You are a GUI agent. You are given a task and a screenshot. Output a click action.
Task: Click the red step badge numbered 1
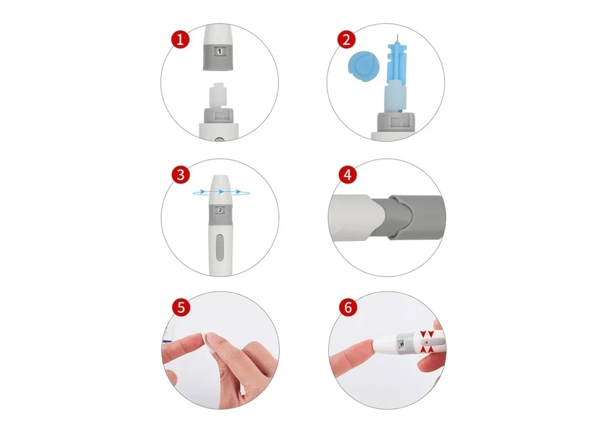[181, 39]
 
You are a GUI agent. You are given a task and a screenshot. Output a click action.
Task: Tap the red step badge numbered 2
[346, 40]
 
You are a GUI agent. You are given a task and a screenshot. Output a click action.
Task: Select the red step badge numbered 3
[181, 175]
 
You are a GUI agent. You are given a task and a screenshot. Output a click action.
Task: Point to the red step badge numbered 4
[347, 175]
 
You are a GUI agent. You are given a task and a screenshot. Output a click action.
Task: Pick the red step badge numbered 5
[181, 307]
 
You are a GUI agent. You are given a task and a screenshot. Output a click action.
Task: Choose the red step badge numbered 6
[348, 307]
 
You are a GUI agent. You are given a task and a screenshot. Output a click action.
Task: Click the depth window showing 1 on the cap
[219, 51]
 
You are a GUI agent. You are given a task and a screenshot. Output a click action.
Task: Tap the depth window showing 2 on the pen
[220, 210]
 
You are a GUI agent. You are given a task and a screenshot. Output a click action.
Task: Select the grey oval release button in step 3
[219, 247]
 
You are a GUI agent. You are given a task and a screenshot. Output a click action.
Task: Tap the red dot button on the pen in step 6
[426, 341]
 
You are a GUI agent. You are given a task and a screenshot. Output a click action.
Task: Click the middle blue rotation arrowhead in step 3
[221, 192]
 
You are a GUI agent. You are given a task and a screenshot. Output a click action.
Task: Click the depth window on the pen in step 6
[401, 343]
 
